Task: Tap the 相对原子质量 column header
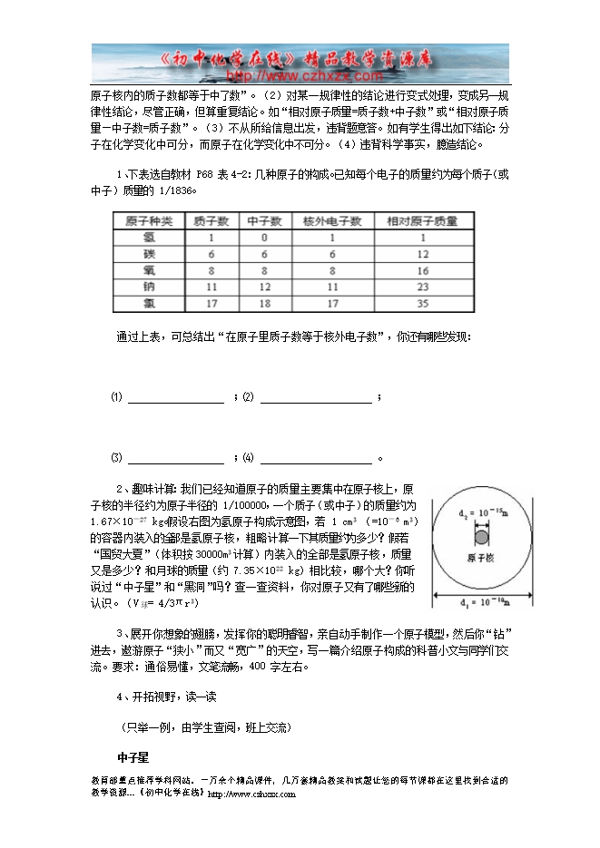[421, 220]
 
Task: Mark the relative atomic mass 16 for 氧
[421, 269]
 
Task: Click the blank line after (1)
[176, 398]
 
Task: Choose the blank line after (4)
[316, 457]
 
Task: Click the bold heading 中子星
[133, 756]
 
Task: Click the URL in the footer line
[251, 794]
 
